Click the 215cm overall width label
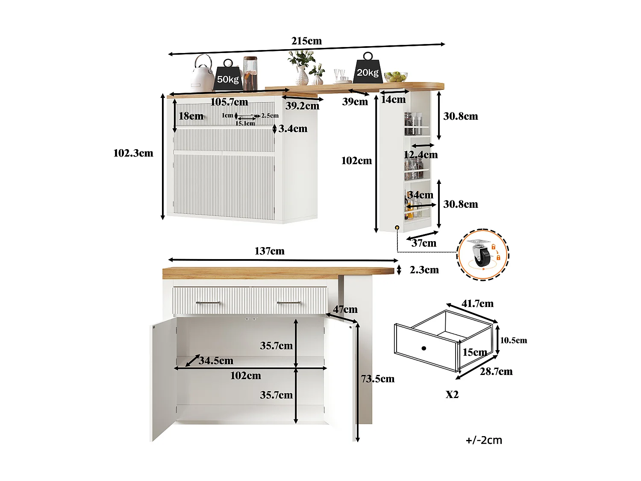point(306,41)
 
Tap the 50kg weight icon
point(228,76)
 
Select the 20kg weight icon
point(368,69)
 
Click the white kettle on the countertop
point(202,74)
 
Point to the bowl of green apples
point(395,77)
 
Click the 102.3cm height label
point(133,153)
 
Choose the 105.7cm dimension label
point(229,102)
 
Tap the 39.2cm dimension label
point(302,106)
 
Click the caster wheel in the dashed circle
point(482,255)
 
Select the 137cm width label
point(269,251)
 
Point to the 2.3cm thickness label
point(424,270)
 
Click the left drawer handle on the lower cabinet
point(208,303)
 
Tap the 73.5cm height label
point(378,379)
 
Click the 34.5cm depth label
point(216,361)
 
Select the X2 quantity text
point(452,394)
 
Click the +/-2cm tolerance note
point(484,440)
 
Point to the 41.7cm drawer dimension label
point(477,304)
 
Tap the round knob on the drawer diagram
point(423,348)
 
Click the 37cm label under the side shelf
point(424,243)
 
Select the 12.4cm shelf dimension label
point(421,155)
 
